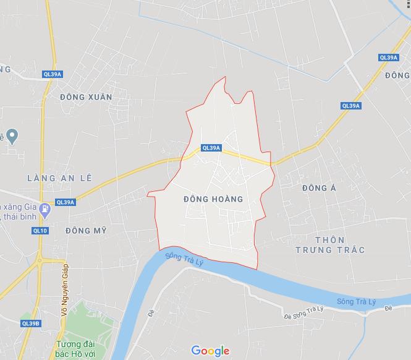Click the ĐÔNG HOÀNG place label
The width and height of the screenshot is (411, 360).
(x=213, y=199)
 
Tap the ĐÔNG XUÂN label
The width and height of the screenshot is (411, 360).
(x=87, y=98)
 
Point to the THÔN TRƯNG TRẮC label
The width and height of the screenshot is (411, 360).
(x=330, y=244)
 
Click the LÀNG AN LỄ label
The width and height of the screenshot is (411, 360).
(x=59, y=178)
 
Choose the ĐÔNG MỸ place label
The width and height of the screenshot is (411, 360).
(x=86, y=230)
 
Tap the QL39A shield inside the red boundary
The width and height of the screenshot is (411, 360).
(x=211, y=148)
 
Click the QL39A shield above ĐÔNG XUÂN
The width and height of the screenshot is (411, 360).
(x=53, y=74)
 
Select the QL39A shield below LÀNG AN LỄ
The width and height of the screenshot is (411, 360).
(x=65, y=202)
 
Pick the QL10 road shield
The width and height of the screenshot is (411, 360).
(x=40, y=231)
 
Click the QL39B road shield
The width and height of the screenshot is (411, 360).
(x=30, y=323)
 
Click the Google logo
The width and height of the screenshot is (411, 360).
(x=210, y=351)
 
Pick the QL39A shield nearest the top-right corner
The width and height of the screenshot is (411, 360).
(x=388, y=58)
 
